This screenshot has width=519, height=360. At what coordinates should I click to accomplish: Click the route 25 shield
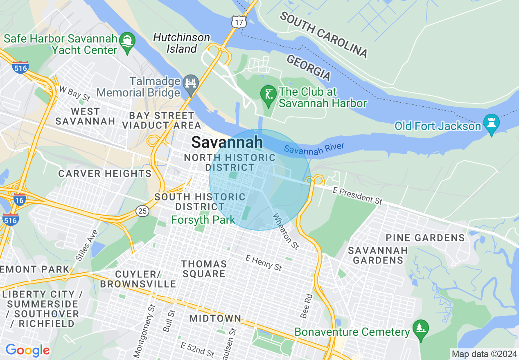click(142, 211)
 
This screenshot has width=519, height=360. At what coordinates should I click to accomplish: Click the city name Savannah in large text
click(227, 142)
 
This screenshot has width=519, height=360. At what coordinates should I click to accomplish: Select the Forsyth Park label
click(203, 220)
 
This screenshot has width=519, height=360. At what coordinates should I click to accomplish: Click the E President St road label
click(351, 196)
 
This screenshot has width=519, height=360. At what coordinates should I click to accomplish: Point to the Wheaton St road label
click(286, 232)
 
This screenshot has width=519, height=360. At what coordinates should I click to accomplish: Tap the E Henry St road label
click(264, 262)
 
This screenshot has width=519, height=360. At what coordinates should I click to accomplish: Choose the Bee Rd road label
click(306, 306)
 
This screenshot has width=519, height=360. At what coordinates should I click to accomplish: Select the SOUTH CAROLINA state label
click(323, 34)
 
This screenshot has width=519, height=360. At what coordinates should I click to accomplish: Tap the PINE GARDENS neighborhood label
click(425, 238)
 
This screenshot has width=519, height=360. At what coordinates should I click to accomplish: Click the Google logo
click(27, 350)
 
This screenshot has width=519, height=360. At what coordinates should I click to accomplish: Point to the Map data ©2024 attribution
click(484, 354)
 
